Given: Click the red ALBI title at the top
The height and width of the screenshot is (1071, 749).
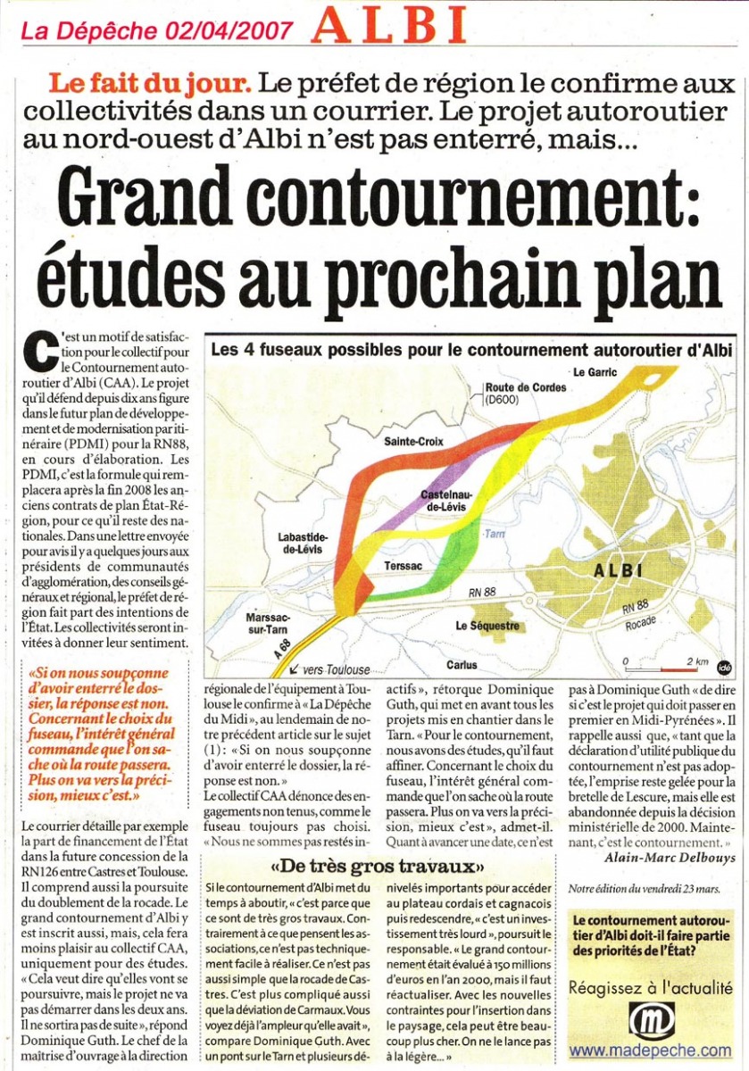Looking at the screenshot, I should click(391, 25).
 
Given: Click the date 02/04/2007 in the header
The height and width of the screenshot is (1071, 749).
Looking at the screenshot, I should click(229, 30).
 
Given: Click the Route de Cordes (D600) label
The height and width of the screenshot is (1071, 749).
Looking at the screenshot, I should click(518, 394).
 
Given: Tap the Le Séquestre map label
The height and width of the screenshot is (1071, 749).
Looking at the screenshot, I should click(487, 626).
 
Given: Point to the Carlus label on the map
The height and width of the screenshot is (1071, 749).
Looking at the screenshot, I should click(462, 664).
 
